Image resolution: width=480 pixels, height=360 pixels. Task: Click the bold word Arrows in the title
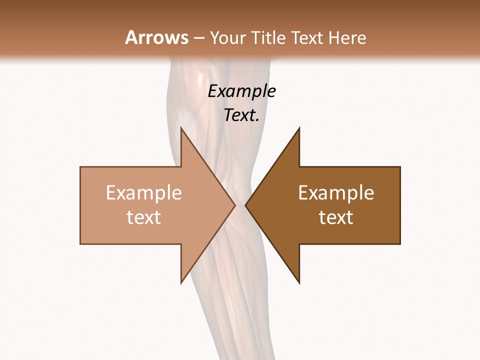pyautogui.click(x=156, y=37)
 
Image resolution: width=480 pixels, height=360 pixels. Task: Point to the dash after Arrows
pyautogui.click(x=198, y=38)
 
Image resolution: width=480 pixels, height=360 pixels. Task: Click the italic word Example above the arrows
pyautogui.click(x=241, y=91)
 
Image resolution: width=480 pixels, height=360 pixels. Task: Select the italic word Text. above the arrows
pyautogui.click(x=241, y=115)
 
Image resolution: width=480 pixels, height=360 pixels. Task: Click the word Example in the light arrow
pyautogui.click(x=143, y=192)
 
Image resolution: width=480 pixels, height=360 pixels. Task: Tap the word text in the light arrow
pyautogui.click(x=143, y=217)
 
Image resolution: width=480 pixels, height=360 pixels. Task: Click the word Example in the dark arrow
pyautogui.click(x=336, y=192)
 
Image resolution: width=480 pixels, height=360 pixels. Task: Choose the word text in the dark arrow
pyautogui.click(x=336, y=217)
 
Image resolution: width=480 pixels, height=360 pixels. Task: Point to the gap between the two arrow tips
pyautogui.click(x=240, y=205)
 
